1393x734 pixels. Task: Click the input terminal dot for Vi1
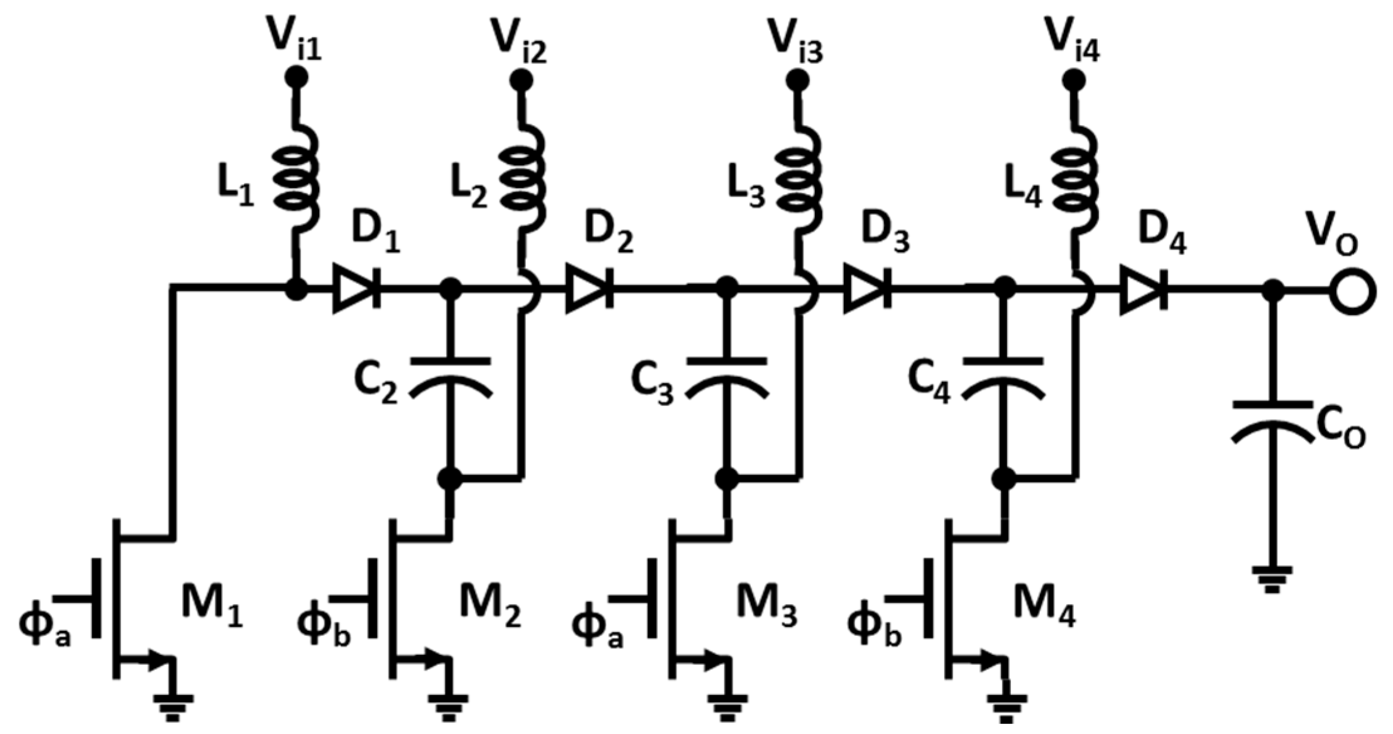[x=296, y=77]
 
